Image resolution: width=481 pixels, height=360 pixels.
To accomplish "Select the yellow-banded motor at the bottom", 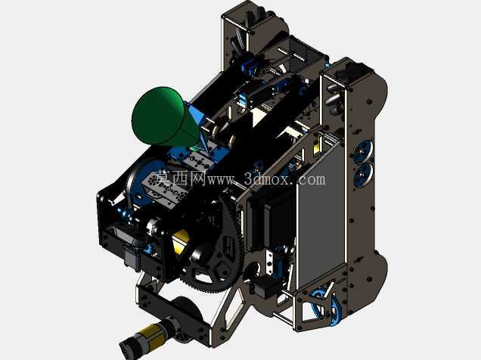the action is point(148,337).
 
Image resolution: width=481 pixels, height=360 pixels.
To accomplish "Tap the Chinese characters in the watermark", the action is point(182,178).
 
